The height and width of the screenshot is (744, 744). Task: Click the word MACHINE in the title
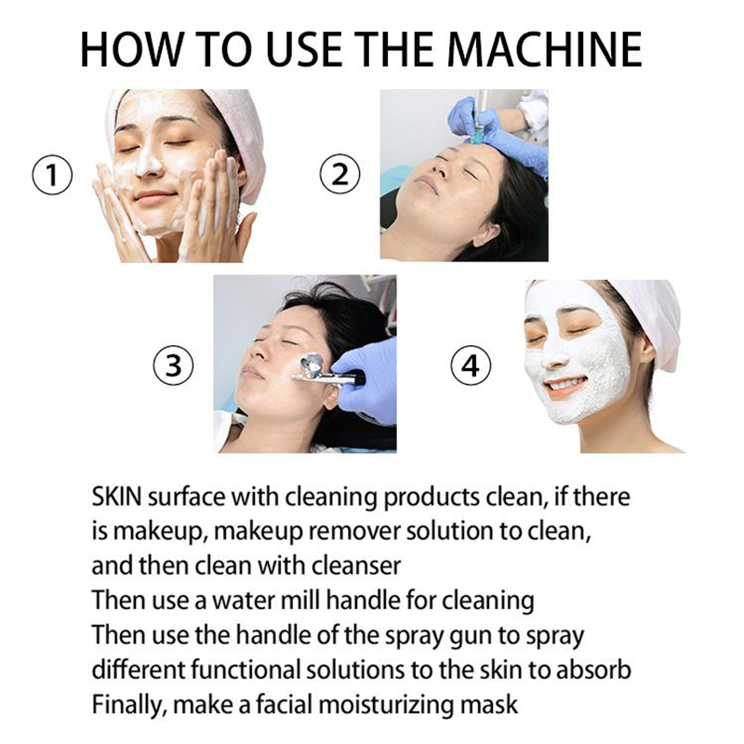(545, 49)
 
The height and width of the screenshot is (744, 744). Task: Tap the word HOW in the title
(132, 49)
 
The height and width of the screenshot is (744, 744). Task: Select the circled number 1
(52, 175)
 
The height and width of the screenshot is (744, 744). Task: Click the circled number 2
(339, 174)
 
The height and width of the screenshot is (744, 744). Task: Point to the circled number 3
(173, 365)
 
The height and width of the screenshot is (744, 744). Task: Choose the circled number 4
(471, 365)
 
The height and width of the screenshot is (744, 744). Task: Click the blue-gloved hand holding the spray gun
(365, 379)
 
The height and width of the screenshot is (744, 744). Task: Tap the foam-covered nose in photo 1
(149, 160)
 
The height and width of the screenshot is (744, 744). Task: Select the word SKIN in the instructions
(117, 497)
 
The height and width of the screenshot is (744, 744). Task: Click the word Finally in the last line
(128, 705)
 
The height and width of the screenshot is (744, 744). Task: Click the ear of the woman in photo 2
(485, 233)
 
